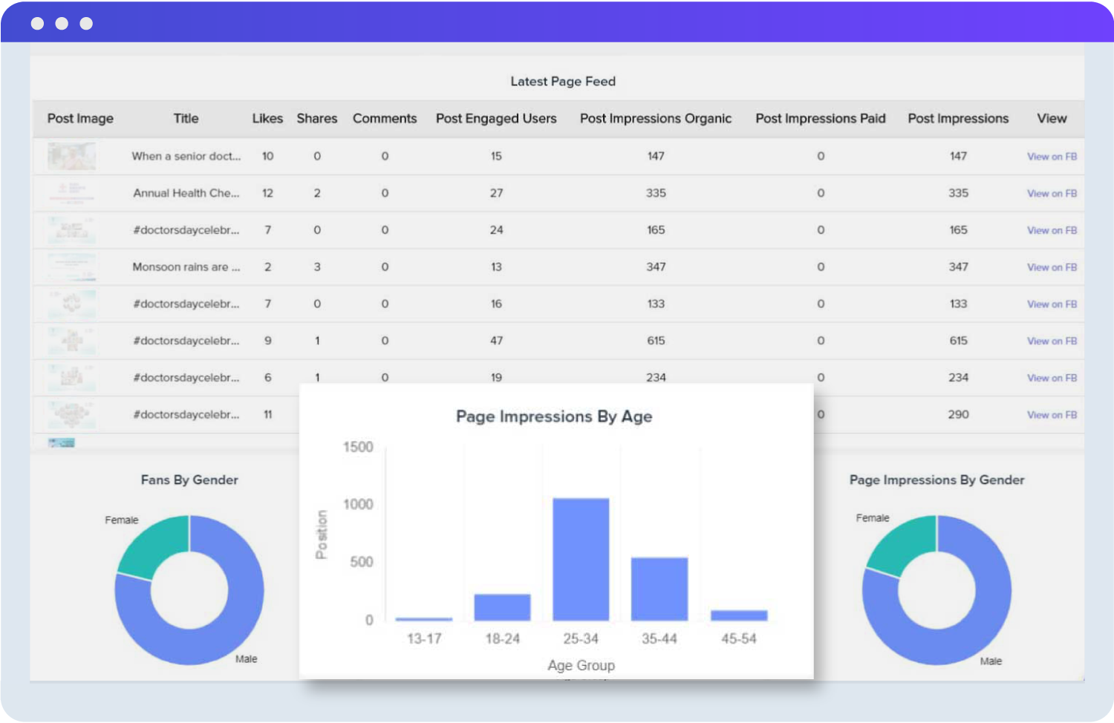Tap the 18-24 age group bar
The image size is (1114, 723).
(502, 607)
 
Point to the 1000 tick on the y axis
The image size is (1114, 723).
(358, 505)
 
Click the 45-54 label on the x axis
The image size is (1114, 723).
(739, 639)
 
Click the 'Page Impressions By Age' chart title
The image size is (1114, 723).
(554, 416)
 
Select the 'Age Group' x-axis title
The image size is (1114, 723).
(581, 666)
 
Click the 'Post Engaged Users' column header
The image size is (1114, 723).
(496, 119)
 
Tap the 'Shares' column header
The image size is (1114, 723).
(317, 119)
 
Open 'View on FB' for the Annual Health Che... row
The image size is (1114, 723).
(1052, 194)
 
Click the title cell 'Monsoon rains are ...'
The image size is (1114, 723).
(186, 267)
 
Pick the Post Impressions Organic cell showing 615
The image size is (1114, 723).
(656, 341)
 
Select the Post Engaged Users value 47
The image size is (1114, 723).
(496, 341)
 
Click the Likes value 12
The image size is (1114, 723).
(267, 193)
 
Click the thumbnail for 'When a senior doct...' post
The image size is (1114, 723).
(71, 157)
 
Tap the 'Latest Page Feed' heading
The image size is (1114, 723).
(563, 82)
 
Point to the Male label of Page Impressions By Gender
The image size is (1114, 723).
(991, 661)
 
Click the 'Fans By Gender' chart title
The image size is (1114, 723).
(189, 480)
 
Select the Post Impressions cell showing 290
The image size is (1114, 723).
(958, 415)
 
